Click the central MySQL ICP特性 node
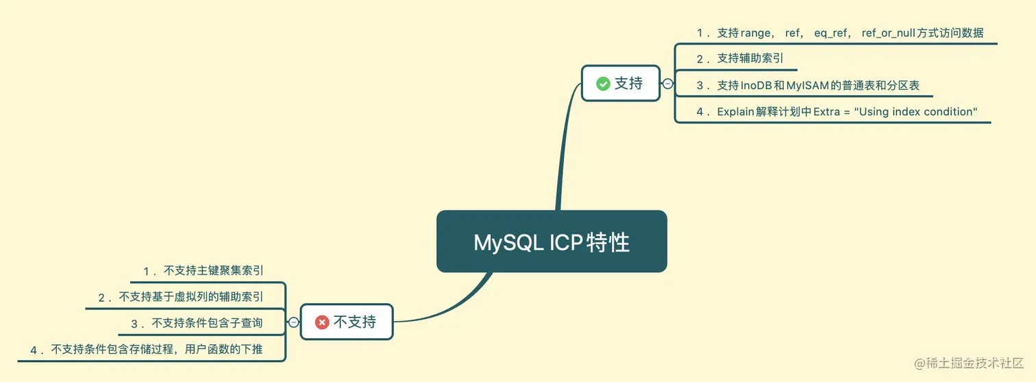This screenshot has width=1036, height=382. pyautogui.click(x=552, y=241)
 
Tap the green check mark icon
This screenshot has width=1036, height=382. pyautogui.click(x=603, y=84)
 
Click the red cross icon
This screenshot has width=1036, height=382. pyautogui.click(x=322, y=322)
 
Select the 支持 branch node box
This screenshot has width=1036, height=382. pyautogui.click(x=621, y=84)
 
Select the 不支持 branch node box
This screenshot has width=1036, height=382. pyautogui.click(x=347, y=322)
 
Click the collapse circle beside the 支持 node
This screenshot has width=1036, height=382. pyautogui.click(x=667, y=84)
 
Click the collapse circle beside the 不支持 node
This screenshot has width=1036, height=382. pyautogui.click(x=293, y=322)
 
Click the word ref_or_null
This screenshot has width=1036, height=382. pyautogui.click(x=889, y=33)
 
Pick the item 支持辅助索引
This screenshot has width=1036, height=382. pyautogui.click(x=750, y=59)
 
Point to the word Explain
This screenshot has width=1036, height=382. pyautogui.click(x=736, y=112)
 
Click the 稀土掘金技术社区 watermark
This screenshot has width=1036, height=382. pyautogui.click(x=970, y=362)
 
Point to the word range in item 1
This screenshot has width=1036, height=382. pyautogui.click(x=755, y=33)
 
